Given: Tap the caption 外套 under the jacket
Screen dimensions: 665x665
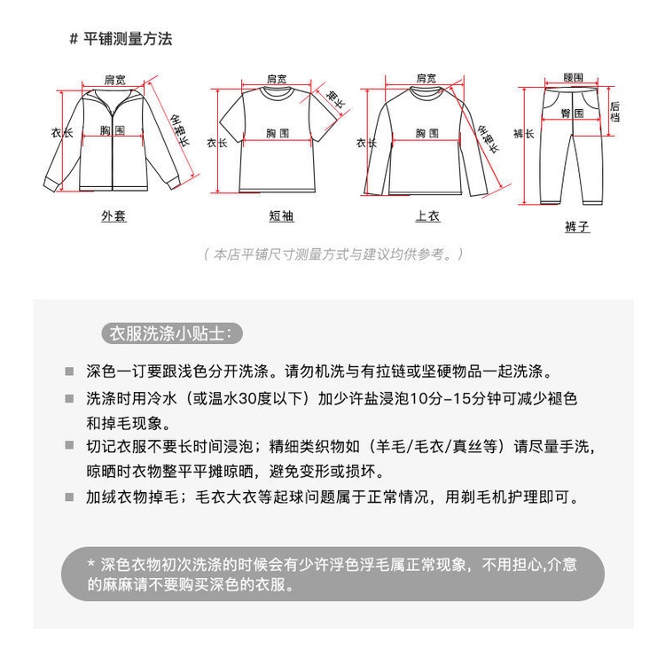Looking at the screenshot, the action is pyautogui.click(x=113, y=216).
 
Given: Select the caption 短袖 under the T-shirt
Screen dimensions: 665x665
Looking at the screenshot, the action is pyautogui.click(x=280, y=216).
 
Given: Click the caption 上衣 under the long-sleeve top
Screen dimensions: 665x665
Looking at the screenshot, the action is pyautogui.click(x=426, y=216).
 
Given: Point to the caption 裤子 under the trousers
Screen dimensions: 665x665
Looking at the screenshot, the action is pyautogui.click(x=576, y=227).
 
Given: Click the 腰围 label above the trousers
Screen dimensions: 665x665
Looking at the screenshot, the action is pyautogui.click(x=573, y=78).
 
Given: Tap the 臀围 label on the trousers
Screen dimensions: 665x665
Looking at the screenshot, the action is pyautogui.click(x=571, y=113).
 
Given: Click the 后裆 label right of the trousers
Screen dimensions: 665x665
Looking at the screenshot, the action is pyautogui.click(x=615, y=110).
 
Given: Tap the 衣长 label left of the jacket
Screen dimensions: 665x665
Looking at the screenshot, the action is pyautogui.click(x=61, y=133).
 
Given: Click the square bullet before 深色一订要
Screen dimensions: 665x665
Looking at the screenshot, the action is pyautogui.click(x=69, y=371).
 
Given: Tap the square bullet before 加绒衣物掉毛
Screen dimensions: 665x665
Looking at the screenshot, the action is pyautogui.click(x=69, y=498).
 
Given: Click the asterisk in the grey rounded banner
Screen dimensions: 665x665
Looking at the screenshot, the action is pyautogui.click(x=90, y=564).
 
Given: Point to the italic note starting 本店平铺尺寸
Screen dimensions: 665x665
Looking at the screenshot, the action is pyautogui.click(x=333, y=254).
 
